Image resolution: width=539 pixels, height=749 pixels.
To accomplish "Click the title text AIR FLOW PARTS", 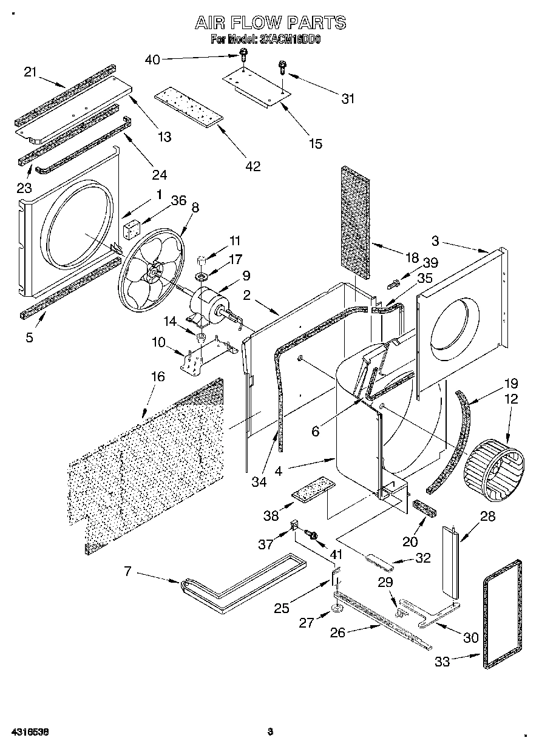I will click(x=270, y=23).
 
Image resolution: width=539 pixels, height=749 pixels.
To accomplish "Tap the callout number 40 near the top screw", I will click(x=153, y=59).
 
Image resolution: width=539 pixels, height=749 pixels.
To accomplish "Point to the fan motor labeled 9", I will click(x=206, y=302).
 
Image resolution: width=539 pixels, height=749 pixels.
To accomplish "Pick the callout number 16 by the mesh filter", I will click(x=157, y=376).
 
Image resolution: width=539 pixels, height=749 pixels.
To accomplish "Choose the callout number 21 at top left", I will click(x=30, y=72).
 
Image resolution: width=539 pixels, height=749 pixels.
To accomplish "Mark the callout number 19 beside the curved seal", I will click(x=511, y=384).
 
